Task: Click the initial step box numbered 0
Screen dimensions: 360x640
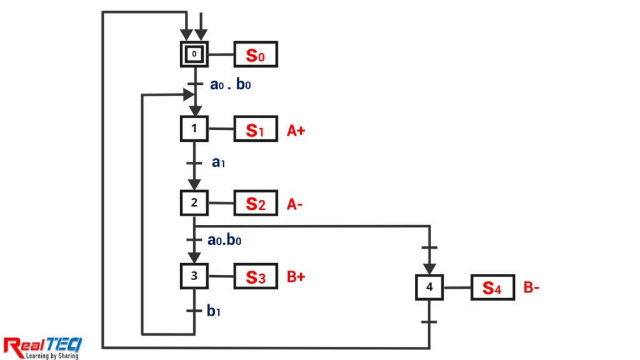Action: coord(194,54)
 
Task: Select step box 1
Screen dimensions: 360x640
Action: coord(194,129)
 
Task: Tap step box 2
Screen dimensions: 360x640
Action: coord(194,202)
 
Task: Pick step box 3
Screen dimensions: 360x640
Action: coord(194,276)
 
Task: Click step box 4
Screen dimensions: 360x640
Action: coord(429,287)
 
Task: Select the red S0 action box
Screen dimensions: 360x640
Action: coord(255,55)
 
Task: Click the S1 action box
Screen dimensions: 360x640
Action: coord(255,129)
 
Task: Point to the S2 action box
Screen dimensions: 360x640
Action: coord(255,203)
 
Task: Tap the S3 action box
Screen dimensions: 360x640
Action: coord(255,276)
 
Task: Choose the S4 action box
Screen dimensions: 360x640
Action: coord(492,287)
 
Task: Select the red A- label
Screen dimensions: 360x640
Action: coord(295,204)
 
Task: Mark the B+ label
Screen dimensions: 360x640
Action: coord(296,277)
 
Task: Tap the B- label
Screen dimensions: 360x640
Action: coord(531,288)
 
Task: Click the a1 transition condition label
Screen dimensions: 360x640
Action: coord(218,162)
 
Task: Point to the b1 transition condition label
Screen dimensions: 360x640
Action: coord(214,311)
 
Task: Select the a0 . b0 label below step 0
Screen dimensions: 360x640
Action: coord(230,84)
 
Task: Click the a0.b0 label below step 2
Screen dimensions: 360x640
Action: coord(226,239)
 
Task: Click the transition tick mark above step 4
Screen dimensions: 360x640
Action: coord(429,248)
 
